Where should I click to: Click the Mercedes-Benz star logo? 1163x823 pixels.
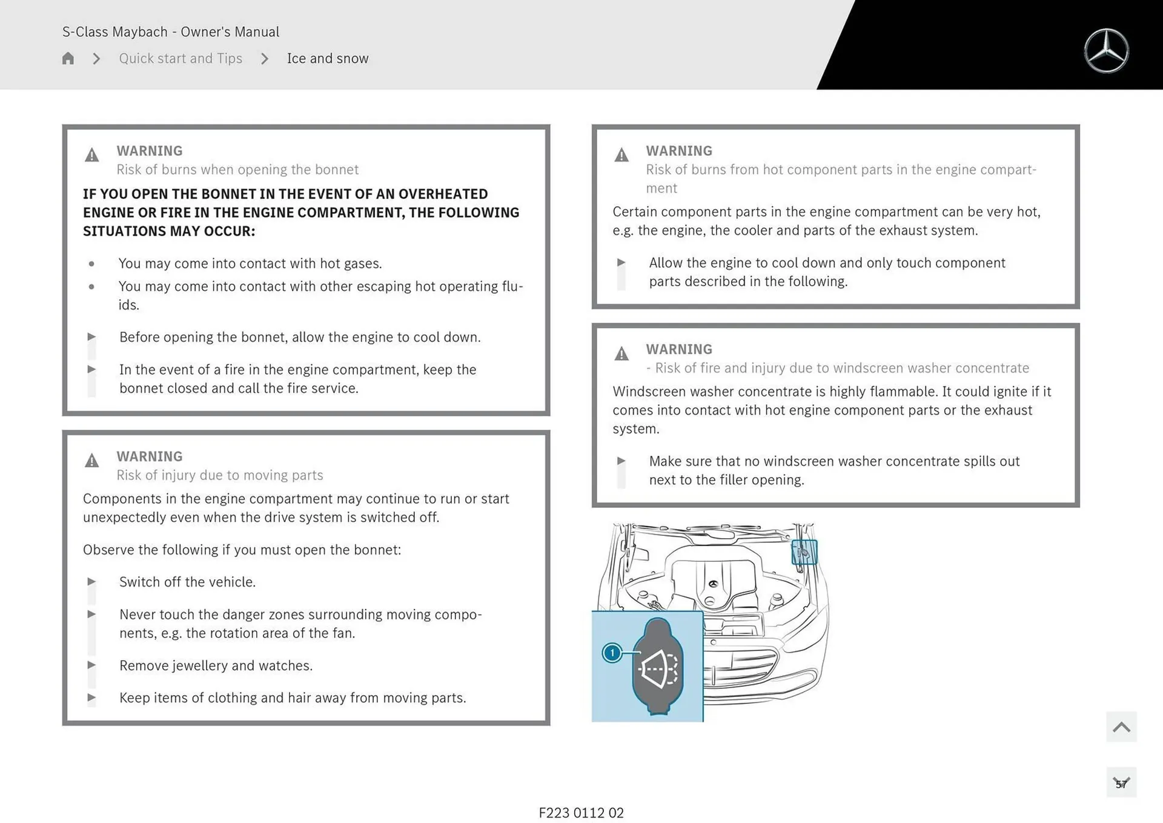pos(1106,51)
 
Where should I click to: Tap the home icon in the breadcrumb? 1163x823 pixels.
pos(68,58)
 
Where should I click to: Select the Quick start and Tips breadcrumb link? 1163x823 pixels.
pos(181,58)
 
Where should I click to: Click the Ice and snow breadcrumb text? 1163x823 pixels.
pos(327,58)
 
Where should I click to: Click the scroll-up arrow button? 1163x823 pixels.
pos(1121,727)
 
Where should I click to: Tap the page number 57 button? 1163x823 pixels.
pos(1121,783)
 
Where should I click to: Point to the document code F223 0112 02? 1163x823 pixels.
pos(581,813)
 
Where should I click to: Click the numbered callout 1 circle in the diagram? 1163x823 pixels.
pos(612,653)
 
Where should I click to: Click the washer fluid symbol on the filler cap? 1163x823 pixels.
pos(659,668)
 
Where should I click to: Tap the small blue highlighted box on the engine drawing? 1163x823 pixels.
pos(804,552)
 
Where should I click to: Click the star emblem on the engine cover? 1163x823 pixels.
pos(713,584)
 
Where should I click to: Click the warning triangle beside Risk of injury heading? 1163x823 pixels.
pos(91,461)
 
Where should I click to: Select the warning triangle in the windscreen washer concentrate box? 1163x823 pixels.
pos(621,353)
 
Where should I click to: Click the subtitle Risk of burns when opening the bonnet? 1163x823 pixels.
pos(237,170)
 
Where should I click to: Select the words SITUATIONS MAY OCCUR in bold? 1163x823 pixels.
pos(169,232)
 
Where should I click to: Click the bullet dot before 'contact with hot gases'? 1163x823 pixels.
pos(91,264)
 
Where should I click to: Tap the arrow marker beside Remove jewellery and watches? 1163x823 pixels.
pos(91,665)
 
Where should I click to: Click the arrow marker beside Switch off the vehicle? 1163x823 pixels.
pos(91,582)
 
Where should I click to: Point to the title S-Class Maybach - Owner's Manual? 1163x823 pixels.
pos(171,32)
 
